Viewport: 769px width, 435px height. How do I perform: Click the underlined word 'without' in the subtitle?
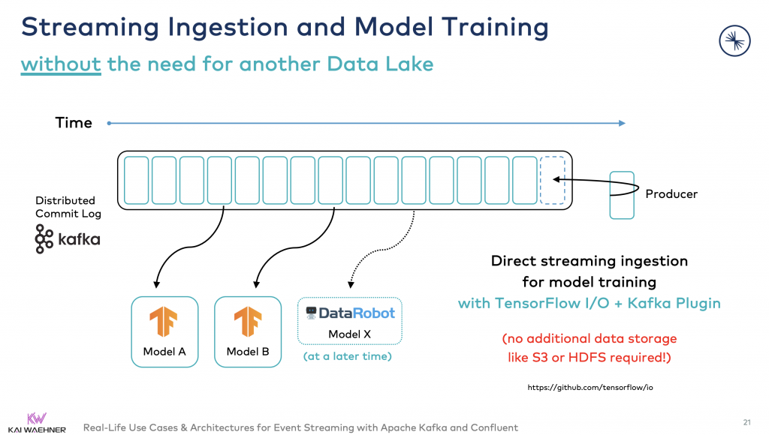(x=61, y=64)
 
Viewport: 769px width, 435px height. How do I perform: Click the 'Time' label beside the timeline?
(x=74, y=123)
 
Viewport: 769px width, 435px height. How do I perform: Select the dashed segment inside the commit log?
(x=552, y=180)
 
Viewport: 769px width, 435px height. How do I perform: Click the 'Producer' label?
(x=671, y=194)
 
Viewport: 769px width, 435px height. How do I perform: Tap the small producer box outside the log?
(x=621, y=195)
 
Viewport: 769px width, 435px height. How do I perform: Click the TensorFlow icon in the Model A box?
(x=164, y=322)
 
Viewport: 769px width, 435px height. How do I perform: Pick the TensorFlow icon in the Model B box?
(x=247, y=322)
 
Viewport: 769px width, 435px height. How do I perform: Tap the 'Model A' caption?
(x=164, y=352)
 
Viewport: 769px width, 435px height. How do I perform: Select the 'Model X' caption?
(x=349, y=333)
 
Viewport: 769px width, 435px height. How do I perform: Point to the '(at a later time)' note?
(x=348, y=356)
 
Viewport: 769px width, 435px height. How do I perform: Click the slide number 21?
(x=746, y=421)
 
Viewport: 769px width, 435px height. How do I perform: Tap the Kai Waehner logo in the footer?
(x=36, y=422)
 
